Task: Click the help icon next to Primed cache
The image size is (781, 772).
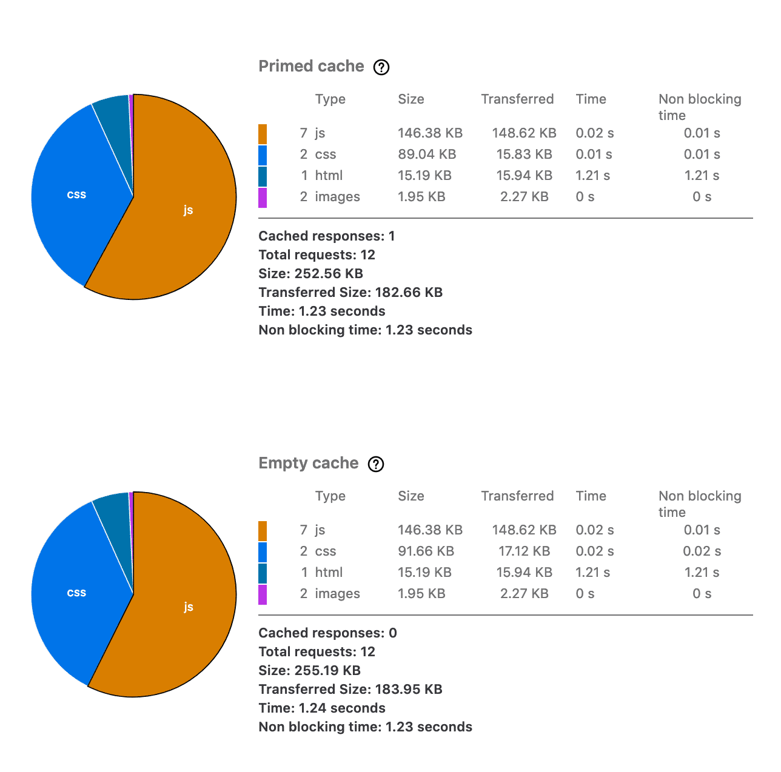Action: click(x=381, y=67)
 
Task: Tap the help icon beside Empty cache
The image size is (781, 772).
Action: click(x=376, y=464)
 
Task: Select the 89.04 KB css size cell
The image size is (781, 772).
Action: click(x=427, y=155)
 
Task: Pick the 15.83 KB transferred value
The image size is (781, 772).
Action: click(x=524, y=155)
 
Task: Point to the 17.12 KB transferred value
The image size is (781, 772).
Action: click(x=524, y=551)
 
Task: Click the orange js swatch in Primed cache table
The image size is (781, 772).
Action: click(x=263, y=134)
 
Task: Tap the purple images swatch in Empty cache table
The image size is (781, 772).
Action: click(x=263, y=594)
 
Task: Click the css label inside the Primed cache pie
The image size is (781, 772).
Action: click(x=76, y=195)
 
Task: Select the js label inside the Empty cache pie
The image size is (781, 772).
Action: click(x=188, y=607)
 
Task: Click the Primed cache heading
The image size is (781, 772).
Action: click(x=311, y=66)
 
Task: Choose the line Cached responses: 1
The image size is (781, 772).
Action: click(x=326, y=236)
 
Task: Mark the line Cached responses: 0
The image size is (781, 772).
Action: click(x=327, y=633)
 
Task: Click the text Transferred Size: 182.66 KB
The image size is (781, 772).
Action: click(x=350, y=293)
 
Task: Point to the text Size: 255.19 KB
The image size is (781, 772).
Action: click(x=309, y=671)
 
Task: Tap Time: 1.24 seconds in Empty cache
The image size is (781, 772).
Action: click(x=321, y=708)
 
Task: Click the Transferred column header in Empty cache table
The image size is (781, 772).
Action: click(x=517, y=496)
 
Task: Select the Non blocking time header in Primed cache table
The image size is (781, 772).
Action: click(x=699, y=107)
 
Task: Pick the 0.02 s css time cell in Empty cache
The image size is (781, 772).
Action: click(x=594, y=551)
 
